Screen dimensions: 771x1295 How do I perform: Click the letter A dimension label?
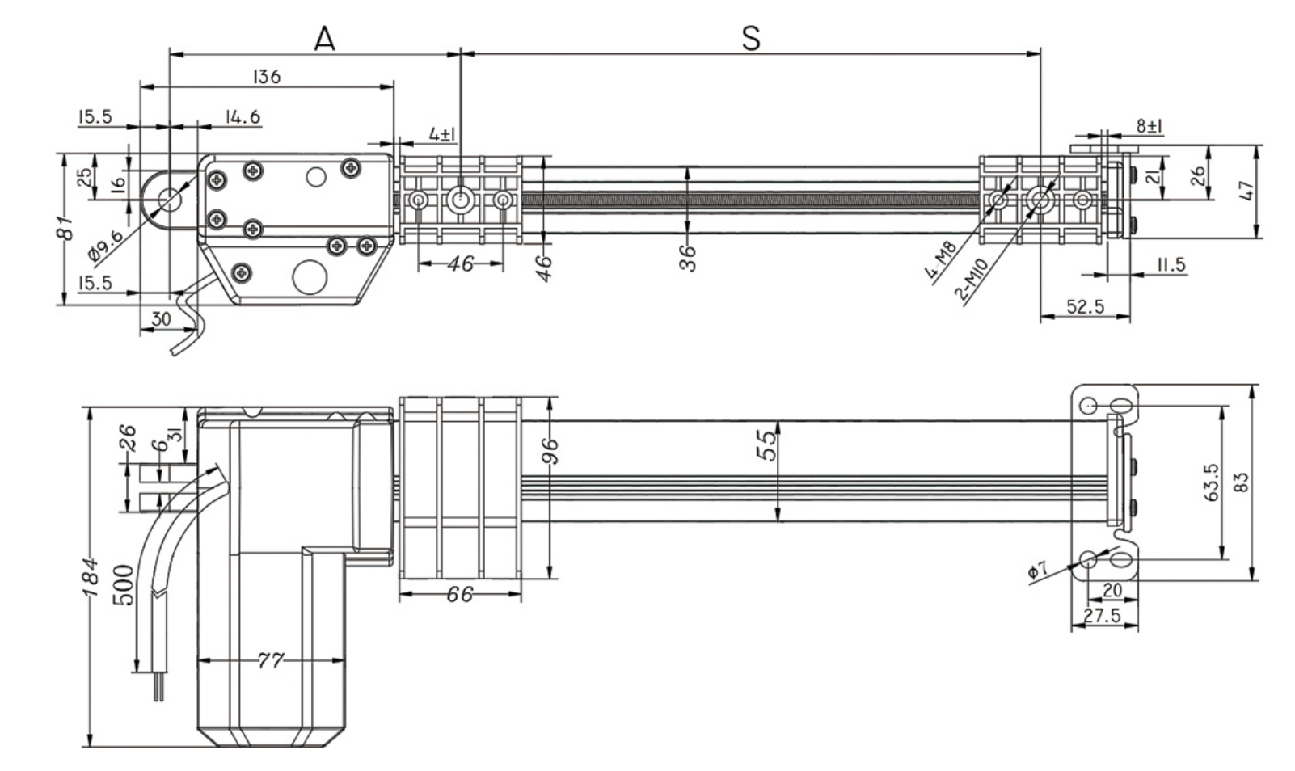[324, 37]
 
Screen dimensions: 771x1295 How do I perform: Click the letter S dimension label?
[751, 37]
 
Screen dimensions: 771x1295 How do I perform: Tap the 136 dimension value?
[266, 77]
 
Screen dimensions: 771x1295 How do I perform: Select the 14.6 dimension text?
[243, 117]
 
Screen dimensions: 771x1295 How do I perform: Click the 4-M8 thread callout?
[940, 260]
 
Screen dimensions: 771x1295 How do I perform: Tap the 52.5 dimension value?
[1085, 306]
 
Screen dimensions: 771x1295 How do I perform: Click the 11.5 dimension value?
[1170, 264]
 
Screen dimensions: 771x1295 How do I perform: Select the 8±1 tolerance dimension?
[1149, 126]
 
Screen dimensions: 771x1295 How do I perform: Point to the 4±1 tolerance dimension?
[442, 133]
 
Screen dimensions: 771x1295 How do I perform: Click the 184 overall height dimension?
[91, 576]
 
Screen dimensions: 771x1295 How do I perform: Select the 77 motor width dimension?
[271, 660]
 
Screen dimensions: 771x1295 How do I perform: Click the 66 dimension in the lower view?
[459, 595]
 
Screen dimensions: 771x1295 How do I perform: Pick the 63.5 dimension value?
[1212, 482]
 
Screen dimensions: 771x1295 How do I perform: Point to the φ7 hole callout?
[1038, 571]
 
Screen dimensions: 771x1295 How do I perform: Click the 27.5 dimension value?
[1102, 616]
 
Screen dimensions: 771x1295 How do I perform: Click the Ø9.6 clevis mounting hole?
[170, 198]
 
